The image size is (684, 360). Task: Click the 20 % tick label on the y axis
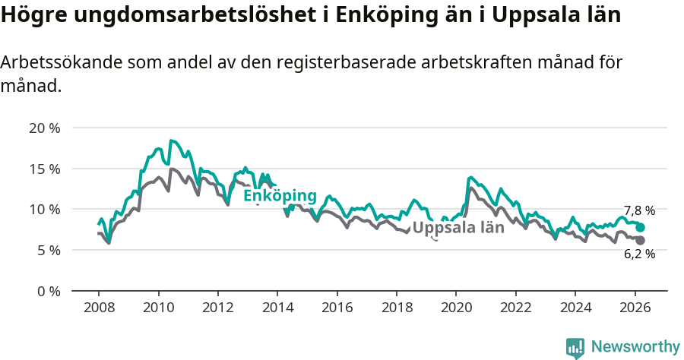44,128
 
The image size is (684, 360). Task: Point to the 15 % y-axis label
44,169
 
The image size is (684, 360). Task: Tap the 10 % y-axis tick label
44,209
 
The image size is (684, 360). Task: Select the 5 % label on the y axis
48,250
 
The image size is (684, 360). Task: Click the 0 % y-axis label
48,291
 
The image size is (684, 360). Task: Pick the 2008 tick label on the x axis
99,308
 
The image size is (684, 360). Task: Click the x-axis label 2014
277,308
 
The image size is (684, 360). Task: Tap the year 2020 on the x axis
456,308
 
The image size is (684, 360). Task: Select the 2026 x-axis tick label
635,308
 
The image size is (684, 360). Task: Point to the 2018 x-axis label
397,308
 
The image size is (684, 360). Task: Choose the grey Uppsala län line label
458,227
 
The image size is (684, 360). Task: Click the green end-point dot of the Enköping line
640,227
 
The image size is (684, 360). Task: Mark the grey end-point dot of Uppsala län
640,240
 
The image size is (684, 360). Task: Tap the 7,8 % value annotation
639,210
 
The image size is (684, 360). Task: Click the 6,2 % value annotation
639,255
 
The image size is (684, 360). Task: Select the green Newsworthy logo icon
575,348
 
